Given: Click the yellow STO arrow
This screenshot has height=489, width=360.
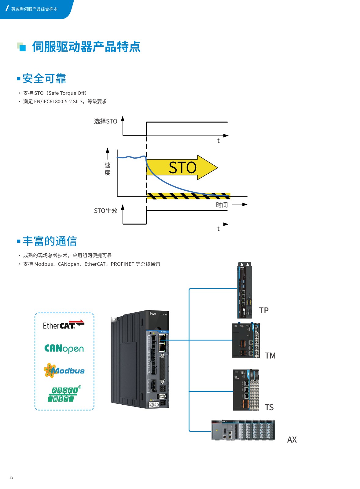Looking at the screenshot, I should pyautogui.click(x=182, y=167).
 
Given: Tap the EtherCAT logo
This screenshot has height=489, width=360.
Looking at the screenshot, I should pyautogui.click(x=63, y=325).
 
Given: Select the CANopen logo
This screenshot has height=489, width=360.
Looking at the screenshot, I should pyautogui.click(x=64, y=348).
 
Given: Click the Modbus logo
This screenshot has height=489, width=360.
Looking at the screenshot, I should pyautogui.click(x=64, y=370).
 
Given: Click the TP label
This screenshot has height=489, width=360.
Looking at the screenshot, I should pyautogui.click(x=263, y=311).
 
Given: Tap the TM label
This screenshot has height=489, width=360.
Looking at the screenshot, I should pyautogui.click(x=270, y=356).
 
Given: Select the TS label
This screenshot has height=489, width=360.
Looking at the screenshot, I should pyautogui.click(x=269, y=407).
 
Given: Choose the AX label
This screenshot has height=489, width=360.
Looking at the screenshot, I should pyautogui.click(x=292, y=440).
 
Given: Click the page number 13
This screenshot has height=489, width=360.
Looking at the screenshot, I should pyautogui.click(x=11, y=478).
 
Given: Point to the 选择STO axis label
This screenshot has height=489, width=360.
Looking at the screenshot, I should pyautogui.click(x=105, y=121).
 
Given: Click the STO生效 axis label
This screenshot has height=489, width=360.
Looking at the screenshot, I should pyautogui.click(x=105, y=211).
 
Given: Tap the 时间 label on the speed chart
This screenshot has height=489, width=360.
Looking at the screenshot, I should pyautogui.click(x=222, y=205).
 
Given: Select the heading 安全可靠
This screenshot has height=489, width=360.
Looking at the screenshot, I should pyautogui.click(x=44, y=79).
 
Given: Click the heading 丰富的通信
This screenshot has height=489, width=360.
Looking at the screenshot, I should pyautogui.click(x=50, y=241).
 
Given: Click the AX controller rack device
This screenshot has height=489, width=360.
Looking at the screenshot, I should pyautogui.click(x=243, y=430).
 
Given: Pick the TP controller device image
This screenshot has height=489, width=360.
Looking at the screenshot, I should pyautogui.click(x=244, y=290).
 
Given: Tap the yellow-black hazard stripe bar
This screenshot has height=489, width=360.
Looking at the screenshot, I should pyautogui.click(x=188, y=196).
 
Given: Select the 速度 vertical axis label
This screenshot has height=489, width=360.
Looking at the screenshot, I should pyautogui.click(x=107, y=169).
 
